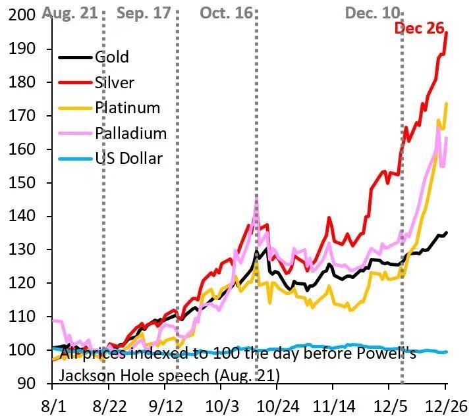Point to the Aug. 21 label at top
click(x=65, y=13)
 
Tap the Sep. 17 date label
click(x=144, y=13)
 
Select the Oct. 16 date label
click(x=226, y=13)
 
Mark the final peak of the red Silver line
click(x=447, y=32)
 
